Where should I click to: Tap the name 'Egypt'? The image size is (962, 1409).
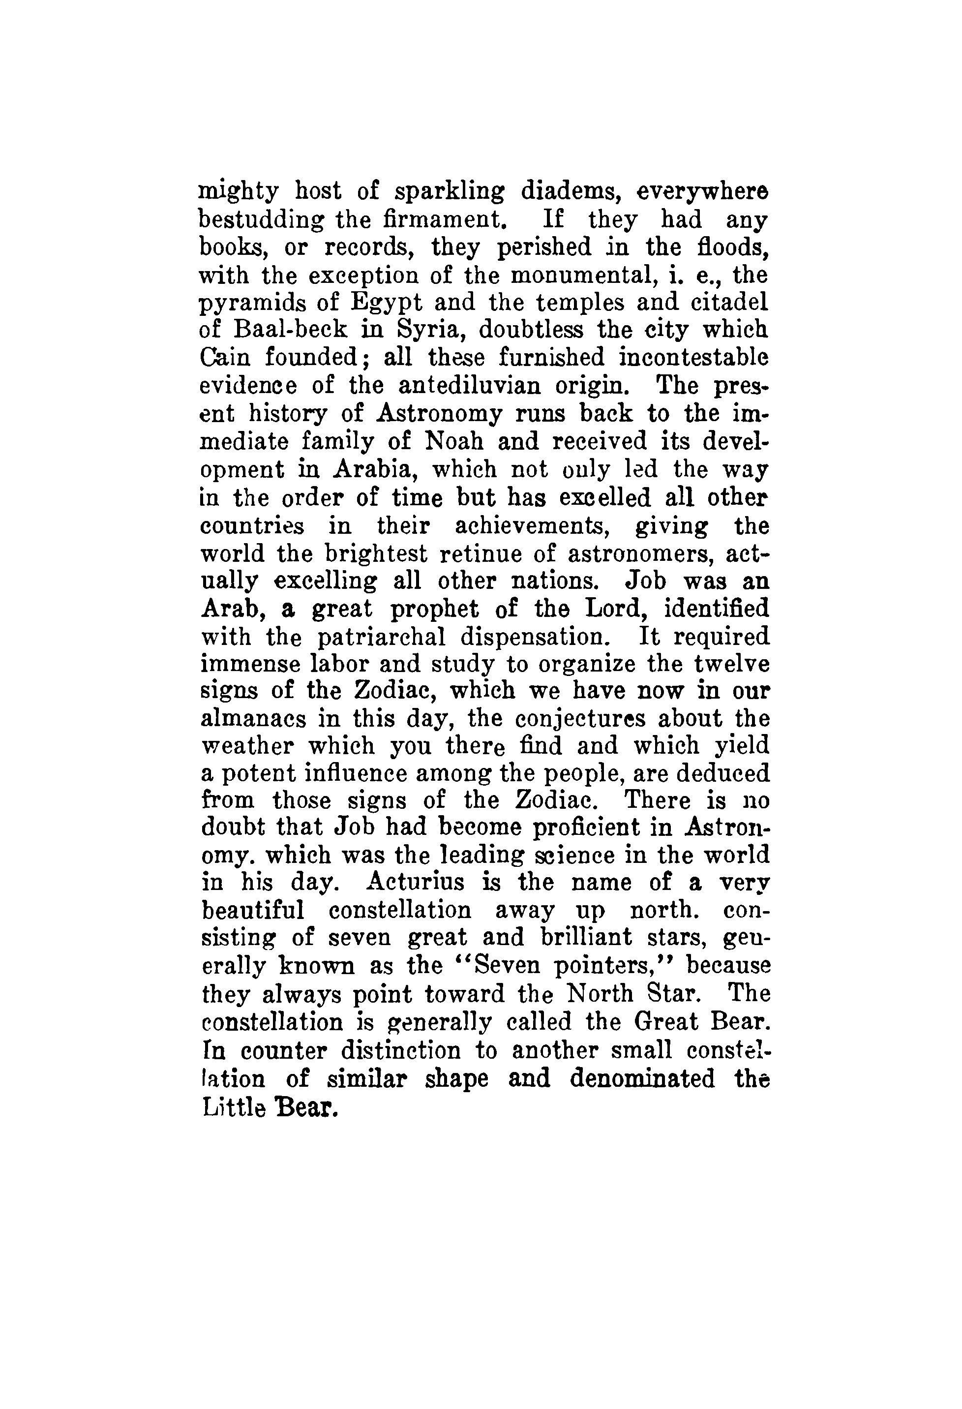pos(375,304)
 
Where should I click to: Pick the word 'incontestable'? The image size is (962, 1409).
pos(693,358)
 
